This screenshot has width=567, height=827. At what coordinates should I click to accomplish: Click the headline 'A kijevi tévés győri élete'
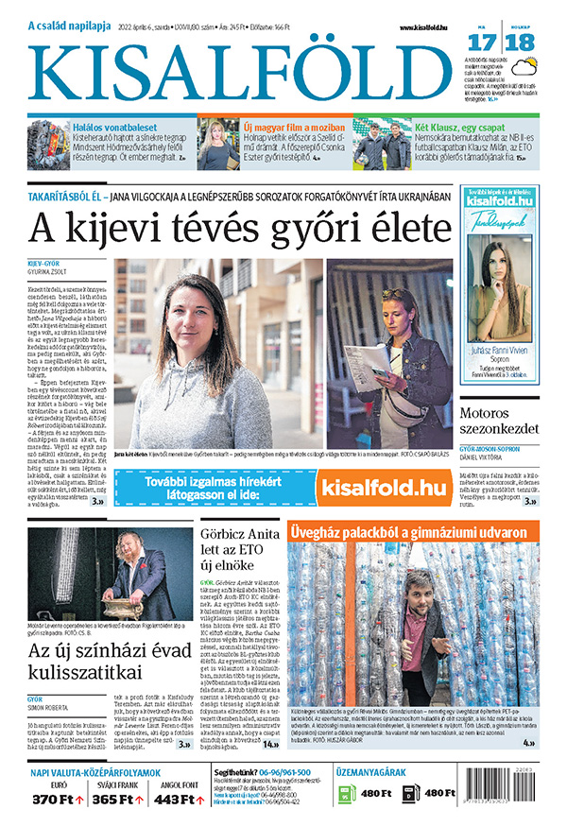point(242,228)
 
